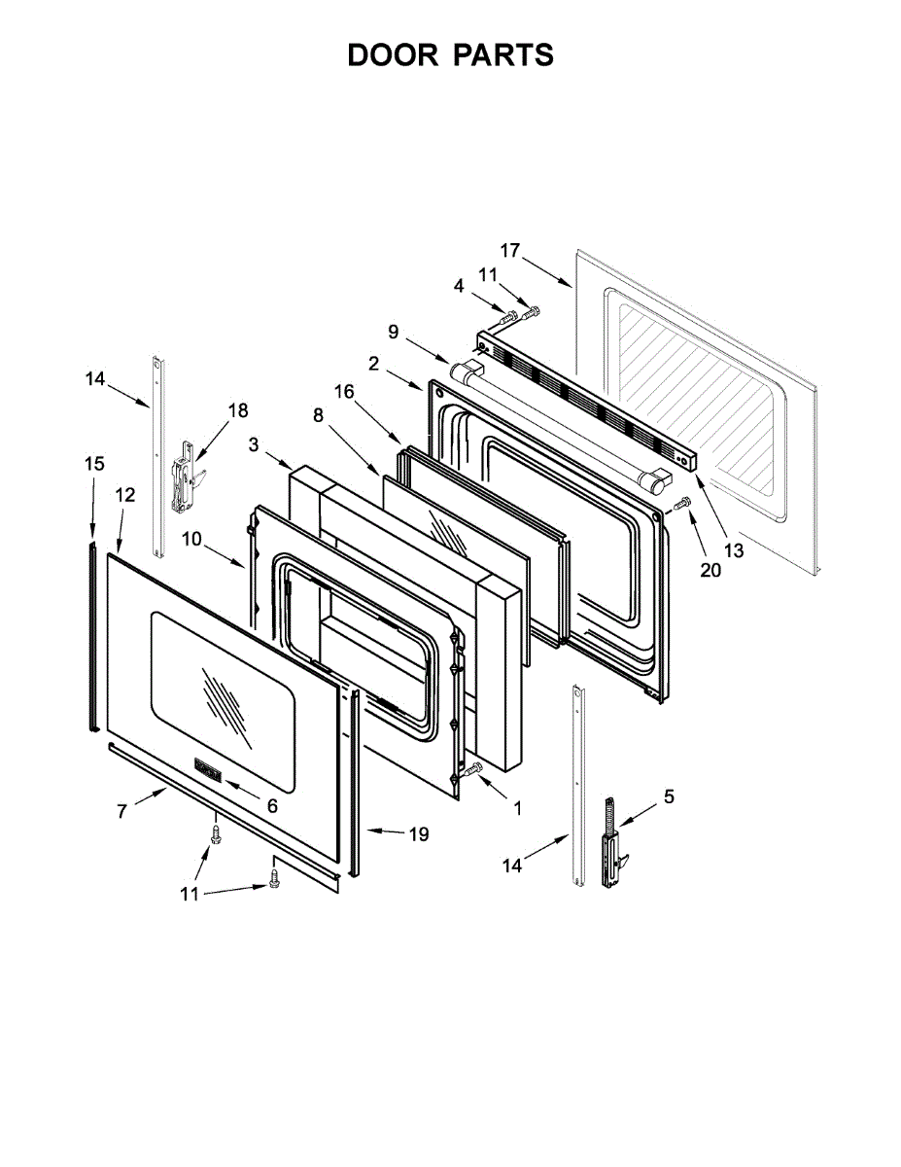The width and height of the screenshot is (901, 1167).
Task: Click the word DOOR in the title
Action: pyautogui.click(x=393, y=55)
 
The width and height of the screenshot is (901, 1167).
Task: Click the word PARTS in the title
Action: pyautogui.click(x=503, y=55)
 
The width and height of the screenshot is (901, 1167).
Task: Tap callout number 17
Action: pyautogui.click(x=510, y=250)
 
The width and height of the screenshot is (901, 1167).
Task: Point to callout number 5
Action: pyautogui.click(x=669, y=796)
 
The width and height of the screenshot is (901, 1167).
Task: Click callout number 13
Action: pyautogui.click(x=733, y=550)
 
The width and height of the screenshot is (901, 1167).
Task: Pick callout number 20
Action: pyautogui.click(x=710, y=571)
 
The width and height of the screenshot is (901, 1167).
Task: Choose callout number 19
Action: pyautogui.click(x=418, y=833)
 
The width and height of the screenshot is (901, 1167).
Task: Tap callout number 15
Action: pyautogui.click(x=93, y=464)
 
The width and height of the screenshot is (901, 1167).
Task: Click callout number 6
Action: pyautogui.click(x=272, y=805)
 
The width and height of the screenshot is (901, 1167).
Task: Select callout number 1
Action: pyautogui.click(x=517, y=806)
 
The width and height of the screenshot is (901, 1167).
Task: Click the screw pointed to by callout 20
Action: pyautogui.click(x=683, y=502)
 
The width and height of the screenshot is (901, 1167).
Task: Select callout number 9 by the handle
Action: pyautogui.click(x=394, y=332)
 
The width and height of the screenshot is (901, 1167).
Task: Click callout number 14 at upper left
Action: pyautogui.click(x=94, y=379)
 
